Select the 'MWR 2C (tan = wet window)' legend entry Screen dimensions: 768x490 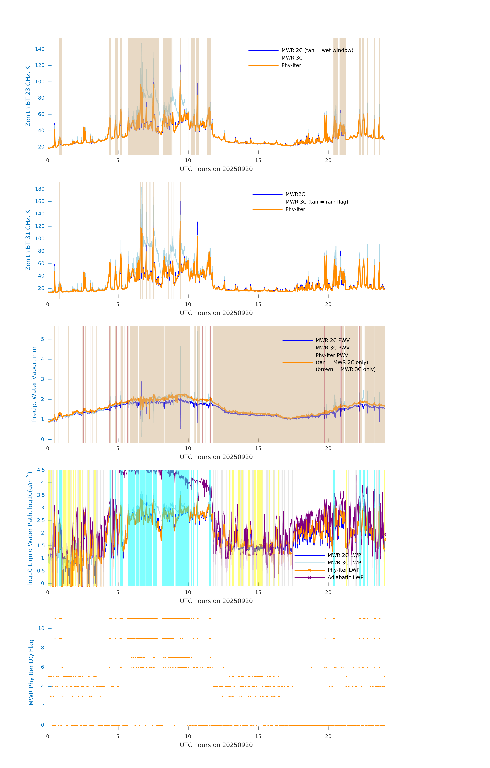coord(317,50)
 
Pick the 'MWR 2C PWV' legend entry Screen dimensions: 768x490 coord(332,340)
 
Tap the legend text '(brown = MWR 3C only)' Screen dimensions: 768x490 coord(345,369)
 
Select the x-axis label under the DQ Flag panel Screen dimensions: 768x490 coord(216,745)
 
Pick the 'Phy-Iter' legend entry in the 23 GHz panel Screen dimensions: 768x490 coord(291,65)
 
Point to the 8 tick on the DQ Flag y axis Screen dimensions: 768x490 coord(42,648)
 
